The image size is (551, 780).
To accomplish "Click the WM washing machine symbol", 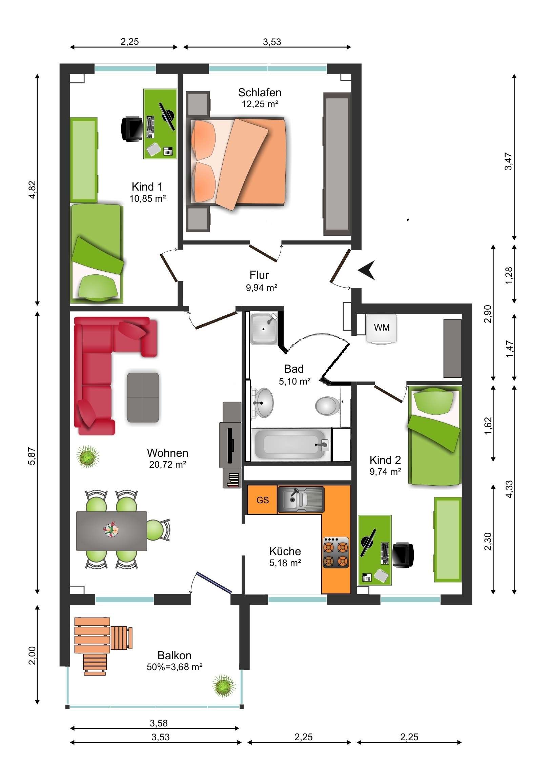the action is click(381, 329).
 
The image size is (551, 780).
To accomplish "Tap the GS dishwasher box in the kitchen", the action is click(262, 500).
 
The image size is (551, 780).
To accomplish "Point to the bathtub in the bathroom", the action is click(291, 445).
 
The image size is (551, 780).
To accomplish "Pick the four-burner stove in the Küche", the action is click(335, 553).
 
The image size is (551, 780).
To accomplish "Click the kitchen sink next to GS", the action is click(301, 500).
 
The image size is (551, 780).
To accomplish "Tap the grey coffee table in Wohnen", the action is click(143, 397).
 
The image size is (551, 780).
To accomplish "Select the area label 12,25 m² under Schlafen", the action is click(260, 104).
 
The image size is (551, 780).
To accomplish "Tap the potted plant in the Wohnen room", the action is click(88, 456).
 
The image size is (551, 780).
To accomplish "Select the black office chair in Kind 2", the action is click(403, 555).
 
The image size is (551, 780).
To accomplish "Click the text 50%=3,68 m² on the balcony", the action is click(175, 667).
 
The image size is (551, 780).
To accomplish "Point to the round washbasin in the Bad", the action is click(263, 403).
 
